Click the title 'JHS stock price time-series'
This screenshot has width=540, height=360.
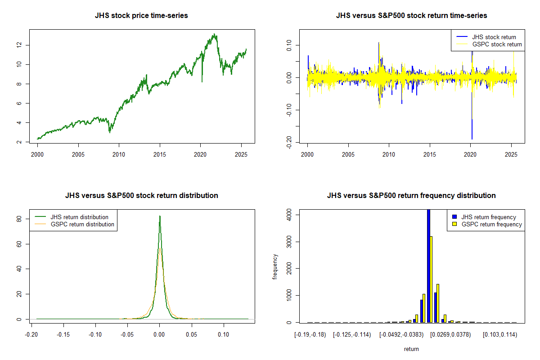click(x=141, y=16)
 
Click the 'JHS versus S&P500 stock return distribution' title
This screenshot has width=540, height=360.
click(x=141, y=196)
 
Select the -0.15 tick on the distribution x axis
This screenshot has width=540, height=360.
click(x=63, y=335)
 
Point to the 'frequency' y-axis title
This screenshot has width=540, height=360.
click(x=275, y=266)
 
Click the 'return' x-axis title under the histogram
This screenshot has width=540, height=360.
click(x=411, y=349)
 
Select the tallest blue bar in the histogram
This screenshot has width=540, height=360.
click(x=428, y=265)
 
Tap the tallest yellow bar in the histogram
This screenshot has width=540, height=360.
click(x=431, y=279)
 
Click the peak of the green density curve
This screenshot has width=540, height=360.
click(x=160, y=216)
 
